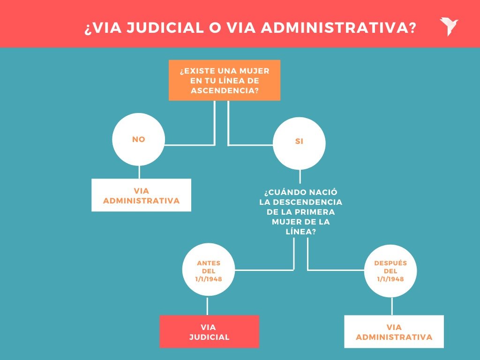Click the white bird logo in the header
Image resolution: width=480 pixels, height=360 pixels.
pos(449,27)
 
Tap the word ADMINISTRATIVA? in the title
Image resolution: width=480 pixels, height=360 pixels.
pos(337,28)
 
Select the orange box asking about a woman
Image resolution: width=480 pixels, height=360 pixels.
pos(225,80)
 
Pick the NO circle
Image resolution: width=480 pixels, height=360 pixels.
pos(139,139)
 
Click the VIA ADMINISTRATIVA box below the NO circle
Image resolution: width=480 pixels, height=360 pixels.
pos(141,195)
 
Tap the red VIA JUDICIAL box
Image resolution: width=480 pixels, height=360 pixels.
pos(209,331)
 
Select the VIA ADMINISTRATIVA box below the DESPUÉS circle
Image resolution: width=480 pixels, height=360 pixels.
pos(394,332)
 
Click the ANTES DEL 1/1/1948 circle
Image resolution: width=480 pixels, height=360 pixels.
pos(208,271)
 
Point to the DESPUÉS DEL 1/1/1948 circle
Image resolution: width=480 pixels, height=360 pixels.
pos(391,271)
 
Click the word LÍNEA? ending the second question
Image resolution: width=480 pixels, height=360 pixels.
pos(300,232)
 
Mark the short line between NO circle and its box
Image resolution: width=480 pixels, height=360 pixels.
pos(139,172)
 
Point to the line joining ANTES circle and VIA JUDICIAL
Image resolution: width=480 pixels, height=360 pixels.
pos(208,306)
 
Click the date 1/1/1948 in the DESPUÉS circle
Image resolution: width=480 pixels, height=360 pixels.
pos(391,279)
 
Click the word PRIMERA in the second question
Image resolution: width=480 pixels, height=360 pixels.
pos(317,212)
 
